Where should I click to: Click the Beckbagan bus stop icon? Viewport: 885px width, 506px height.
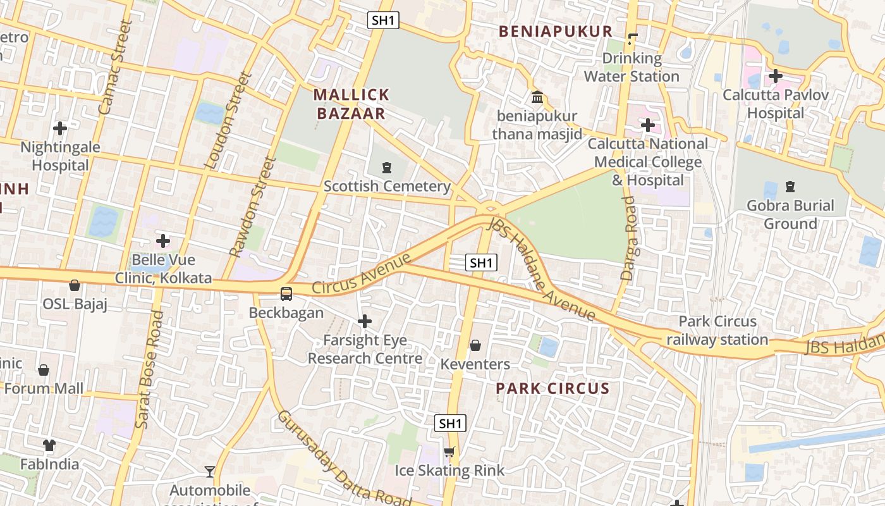coord(286,293)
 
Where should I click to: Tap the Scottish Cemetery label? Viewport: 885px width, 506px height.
coord(386,186)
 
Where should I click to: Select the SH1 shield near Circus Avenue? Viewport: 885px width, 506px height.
coord(481,262)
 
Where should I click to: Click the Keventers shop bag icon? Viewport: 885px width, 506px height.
coord(475,345)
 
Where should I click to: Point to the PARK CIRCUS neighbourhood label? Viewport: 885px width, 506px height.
coord(552,388)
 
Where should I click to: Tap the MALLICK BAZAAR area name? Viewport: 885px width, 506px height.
coord(351,104)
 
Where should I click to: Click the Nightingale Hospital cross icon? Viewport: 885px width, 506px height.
coord(60,128)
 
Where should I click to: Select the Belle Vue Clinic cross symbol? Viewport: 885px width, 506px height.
coord(163,241)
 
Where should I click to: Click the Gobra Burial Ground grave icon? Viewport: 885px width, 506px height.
coord(790,187)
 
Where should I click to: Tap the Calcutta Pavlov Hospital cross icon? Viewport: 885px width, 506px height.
coord(775,77)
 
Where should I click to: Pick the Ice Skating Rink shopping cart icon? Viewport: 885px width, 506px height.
coord(449,452)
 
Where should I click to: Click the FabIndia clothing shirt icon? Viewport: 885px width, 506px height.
coord(49,445)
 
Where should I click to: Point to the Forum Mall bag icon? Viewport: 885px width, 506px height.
coord(44,369)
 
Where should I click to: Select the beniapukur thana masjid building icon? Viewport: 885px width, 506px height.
coord(537,97)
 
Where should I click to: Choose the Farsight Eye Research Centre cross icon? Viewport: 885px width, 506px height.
coord(365,321)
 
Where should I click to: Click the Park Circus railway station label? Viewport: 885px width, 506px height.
coord(717,331)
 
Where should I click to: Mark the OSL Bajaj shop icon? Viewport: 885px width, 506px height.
coord(75,285)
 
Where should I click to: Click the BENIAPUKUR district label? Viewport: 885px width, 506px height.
coord(556,32)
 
